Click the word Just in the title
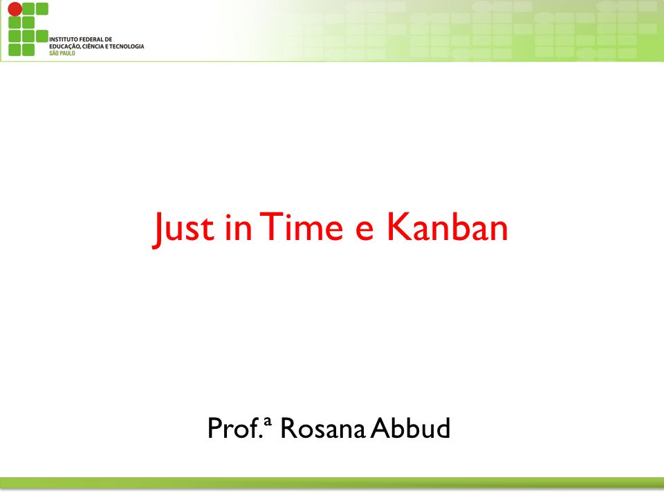coord(183,229)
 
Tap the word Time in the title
coord(302,226)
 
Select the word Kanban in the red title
coord(448,226)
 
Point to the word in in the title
coord(239,227)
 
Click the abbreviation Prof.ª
coord(239,427)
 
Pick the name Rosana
coord(323,428)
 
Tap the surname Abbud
coord(410,427)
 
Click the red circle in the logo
coord(15,9)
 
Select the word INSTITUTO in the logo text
coord(64,39)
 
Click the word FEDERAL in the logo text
coord(91,39)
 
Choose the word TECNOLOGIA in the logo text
coord(127,46)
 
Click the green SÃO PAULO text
coord(62,53)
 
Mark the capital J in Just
coord(158,230)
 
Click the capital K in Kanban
coord(398,226)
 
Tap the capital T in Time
coord(271,227)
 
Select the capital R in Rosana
coord(289,428)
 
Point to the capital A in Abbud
coord(380,428)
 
